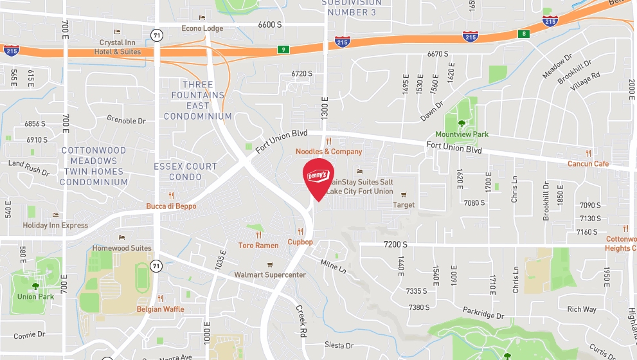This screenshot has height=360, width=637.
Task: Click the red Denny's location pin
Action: (318, 177)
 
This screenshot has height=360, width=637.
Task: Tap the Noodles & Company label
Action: (328, 152)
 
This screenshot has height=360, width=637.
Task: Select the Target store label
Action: (404, 205)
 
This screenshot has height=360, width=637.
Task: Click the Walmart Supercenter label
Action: (270, 274)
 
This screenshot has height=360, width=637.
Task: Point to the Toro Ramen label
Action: (258, 245)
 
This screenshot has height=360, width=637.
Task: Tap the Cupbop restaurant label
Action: (300, 242)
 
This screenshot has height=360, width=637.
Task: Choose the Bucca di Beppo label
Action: (171, 206)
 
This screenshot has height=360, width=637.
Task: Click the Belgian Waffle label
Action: (160, 309)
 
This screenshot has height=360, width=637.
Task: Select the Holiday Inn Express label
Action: (55, 225)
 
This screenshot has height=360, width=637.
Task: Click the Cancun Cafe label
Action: (588, 163)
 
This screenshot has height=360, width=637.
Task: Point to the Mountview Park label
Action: (462, 134)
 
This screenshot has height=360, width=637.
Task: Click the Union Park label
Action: (35, 296)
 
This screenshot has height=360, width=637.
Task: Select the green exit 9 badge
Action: (283, 50)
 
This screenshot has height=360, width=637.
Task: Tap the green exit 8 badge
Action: (525, 33)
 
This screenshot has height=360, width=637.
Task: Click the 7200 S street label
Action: (395, 244)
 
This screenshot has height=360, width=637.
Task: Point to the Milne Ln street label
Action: (333, 266)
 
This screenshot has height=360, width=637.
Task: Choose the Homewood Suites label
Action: (122, 248)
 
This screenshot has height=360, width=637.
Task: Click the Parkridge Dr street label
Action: (483, 315)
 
